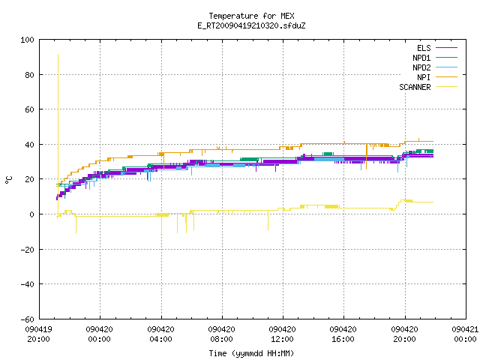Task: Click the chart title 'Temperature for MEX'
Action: [251, 16]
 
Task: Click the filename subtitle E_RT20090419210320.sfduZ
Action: [251, 25]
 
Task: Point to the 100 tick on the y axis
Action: [27, 40]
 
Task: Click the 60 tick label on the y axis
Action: [29, 109]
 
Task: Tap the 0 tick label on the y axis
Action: [31, 214]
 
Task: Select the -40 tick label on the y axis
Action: [27, 284]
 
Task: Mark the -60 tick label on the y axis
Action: [27, 319]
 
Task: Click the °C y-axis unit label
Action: [9, 180]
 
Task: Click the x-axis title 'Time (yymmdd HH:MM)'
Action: [251, 353]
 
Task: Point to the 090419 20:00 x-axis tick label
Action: [38, 334]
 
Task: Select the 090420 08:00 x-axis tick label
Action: [221, 334]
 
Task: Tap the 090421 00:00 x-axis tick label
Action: [465, 334]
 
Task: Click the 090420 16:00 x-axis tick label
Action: [343, 334]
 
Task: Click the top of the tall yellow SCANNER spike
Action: [58, 55]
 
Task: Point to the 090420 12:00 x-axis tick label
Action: [282, 334]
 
